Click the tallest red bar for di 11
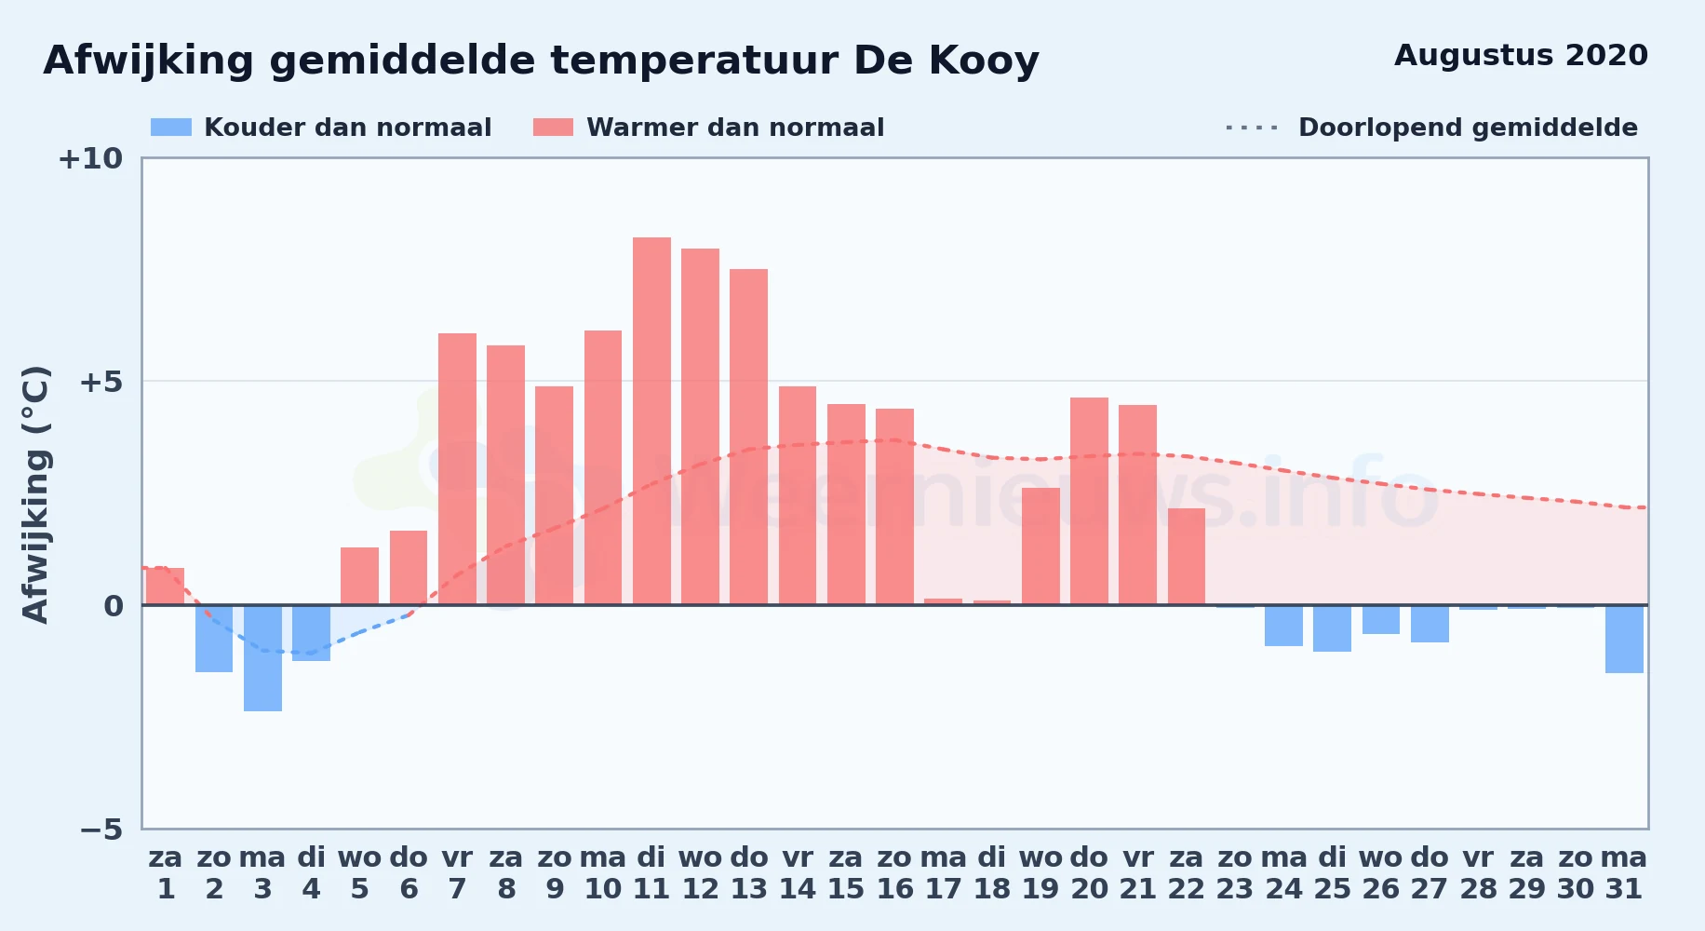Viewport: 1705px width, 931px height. click(x=651, y=421)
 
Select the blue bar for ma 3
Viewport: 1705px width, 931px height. click(x=262, y=658)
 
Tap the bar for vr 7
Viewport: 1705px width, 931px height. click(x=457, y=469)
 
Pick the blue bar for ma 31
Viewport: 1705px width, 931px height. click(x=1624, y=639)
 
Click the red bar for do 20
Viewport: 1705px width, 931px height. click(x=1089, y=501)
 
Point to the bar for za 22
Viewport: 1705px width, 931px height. click(x=1187, y=557)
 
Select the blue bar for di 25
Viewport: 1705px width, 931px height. click(x=1332, y=628)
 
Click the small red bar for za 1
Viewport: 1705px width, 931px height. click(x=166, y=587)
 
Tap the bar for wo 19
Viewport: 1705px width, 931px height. click(x=1040, y=546)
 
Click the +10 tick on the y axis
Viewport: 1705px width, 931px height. click(x=90, y=158)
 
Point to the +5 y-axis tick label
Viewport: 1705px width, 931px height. click(x=101, y=382)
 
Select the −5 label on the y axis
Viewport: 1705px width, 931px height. click(x=101, y=830)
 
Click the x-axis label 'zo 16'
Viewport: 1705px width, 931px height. click(x=894, y=873)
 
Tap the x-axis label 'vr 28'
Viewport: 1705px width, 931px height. click(x=1478, y=873)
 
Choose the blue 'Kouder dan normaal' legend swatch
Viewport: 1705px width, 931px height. click(x=171, y=128)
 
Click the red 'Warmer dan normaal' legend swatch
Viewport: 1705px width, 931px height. click(x=553, y=128)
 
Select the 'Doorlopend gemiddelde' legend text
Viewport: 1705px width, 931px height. click(x=1468, y=128)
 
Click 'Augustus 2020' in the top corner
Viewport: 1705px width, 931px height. click(x=1521, y=56)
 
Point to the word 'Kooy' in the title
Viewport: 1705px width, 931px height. click(x=984, y=61)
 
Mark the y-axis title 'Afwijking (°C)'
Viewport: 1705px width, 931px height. click(x=35, y=494)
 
